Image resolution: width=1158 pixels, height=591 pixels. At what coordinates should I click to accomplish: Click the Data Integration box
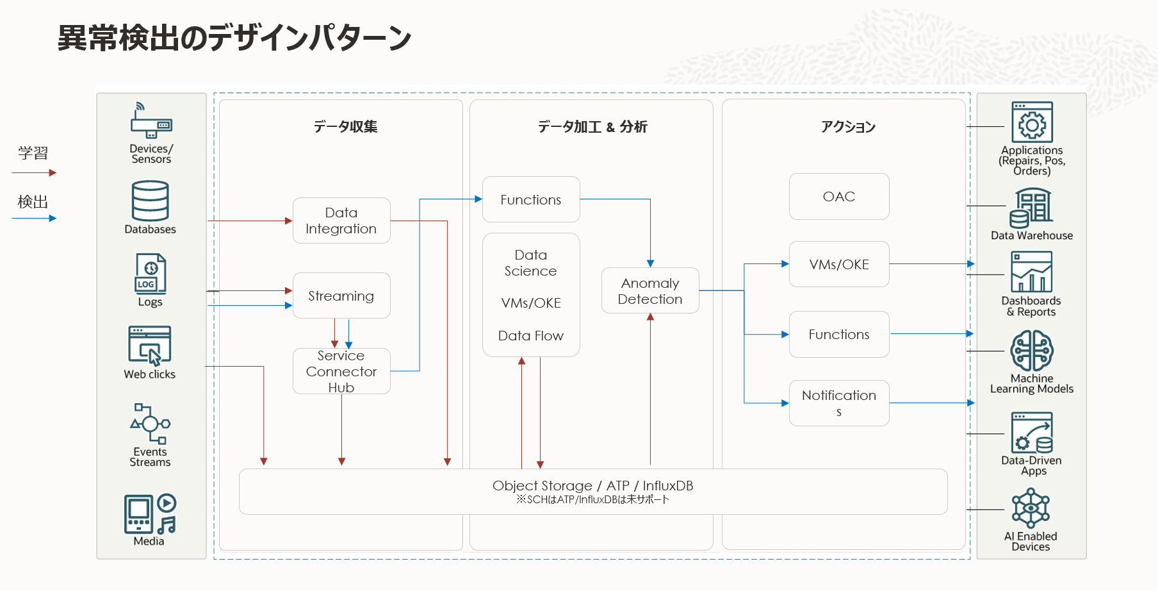tap(341, 221)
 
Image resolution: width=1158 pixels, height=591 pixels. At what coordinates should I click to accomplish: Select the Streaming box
tap(341, 295)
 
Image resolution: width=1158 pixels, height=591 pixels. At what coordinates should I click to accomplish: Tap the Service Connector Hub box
tap(341, 371)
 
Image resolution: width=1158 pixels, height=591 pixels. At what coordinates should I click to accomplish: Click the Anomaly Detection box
tap(650, 291)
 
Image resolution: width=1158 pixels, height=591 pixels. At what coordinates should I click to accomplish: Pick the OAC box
tap(839, 197)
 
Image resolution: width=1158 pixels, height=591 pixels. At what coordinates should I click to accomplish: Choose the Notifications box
tap(839, 403)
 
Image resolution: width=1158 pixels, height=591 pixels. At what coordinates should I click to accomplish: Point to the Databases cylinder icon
tap(151, 201)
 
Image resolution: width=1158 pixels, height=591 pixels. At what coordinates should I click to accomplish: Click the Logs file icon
tap(151, 274)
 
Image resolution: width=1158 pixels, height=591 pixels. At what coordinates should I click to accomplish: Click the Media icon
tap(150, 514)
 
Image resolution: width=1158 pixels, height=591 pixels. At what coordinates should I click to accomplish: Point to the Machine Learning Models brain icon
tap(1032, 351)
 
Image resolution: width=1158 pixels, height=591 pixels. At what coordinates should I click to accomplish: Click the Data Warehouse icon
tap(1031, 208)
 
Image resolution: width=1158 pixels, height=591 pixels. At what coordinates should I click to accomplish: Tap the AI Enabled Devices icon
tap(1031, 509)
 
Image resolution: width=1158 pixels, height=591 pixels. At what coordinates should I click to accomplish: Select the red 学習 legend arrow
tap(34, 172)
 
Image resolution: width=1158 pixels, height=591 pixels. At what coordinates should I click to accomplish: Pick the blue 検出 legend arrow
tap(34, 218)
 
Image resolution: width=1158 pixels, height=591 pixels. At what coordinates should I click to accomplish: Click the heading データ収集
tap(345, 127)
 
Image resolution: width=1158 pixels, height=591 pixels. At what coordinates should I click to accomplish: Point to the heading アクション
tap(848, 127)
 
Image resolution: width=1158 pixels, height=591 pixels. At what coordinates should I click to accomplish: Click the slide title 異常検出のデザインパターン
tap(234, 38)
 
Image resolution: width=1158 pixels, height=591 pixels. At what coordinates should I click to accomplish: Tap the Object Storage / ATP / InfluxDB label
tap(592, 486)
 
